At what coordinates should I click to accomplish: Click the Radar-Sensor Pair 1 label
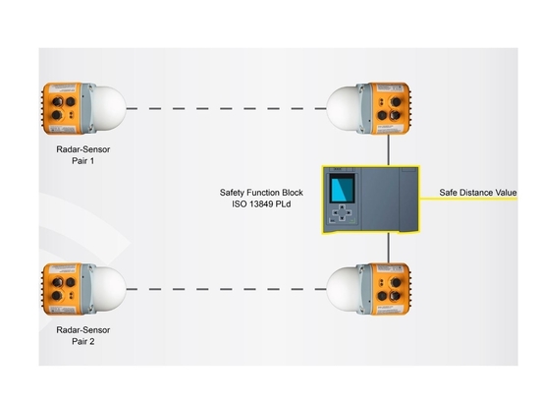coord(83,155)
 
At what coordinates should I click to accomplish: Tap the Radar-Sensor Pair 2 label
coord(83,336)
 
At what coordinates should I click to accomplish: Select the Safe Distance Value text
coord(478,193)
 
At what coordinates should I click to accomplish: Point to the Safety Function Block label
coord(261,193)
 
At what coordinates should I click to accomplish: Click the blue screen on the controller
coord(342,189)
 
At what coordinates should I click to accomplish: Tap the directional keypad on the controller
coord(342,213)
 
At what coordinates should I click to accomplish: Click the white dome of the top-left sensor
coord(110,108)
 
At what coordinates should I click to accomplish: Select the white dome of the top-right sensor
coord(343,108)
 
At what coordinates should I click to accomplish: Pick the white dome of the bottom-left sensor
coord(110,289)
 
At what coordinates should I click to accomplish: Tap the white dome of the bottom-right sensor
coord(343,289)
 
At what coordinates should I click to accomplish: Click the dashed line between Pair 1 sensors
coord(226,108)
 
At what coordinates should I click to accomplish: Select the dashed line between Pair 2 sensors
coord(226,289)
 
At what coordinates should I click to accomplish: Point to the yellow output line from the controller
coord(468,199)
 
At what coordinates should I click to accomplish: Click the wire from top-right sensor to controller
coord(389,150)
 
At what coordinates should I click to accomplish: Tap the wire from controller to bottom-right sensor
coord(389,248)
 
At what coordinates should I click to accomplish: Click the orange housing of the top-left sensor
coord(62,108)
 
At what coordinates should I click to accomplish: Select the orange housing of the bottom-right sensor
coord(391,289)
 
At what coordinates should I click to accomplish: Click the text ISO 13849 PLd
coord(261,204)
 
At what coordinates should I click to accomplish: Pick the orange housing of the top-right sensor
coord(391,108)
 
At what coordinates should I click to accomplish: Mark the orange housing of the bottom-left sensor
coord(62,289)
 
